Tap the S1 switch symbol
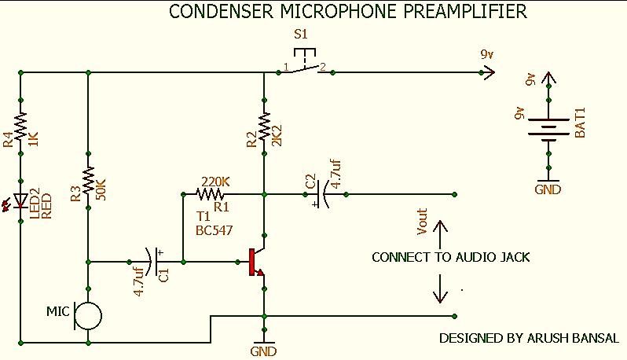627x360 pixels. pos(305,62)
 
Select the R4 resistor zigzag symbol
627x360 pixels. pos(20,127)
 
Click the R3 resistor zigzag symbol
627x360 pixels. pos(88,181)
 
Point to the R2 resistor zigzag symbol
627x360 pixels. pos(264,127)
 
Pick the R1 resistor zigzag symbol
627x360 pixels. pos(210,194)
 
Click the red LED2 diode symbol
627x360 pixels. pos(20,200)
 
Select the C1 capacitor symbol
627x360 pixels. pos(154,262)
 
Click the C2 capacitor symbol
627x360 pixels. pos(322,194)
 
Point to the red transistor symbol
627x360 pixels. pos(256,262)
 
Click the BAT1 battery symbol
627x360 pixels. pos(548,129)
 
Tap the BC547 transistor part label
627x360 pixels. pos(214,231)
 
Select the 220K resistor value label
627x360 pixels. pos(215,182)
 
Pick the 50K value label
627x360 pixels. pos(101,189)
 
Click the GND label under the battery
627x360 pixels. pos(548,189)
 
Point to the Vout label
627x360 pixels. pos(422,222)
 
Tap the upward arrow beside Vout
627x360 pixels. pos(440,235)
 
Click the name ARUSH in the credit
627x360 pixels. pos(548,339)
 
